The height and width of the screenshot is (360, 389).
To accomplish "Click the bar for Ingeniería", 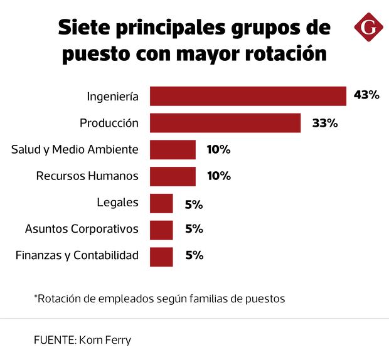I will [x=248, y=96].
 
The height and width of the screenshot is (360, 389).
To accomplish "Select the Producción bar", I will [x=225, y=123].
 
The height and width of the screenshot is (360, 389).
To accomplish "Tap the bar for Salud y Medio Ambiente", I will [x=173, y=149].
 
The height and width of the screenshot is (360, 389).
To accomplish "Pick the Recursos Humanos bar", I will [x=173, y=176].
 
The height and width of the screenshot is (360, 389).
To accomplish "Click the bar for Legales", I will [x=161, y=203].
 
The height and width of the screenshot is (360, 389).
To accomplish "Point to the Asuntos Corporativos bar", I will [x=161, y=230].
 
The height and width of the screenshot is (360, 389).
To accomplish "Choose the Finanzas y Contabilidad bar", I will [x=161, y=257].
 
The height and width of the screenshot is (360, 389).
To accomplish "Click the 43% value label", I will [x=366, y=95].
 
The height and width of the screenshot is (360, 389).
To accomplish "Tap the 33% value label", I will [x=325, y=123].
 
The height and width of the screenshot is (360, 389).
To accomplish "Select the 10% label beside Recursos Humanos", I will [x=219, y=176].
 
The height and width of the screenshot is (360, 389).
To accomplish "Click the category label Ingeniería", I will [x=112, y=97].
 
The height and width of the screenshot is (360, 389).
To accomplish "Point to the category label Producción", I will [x=109, y=123].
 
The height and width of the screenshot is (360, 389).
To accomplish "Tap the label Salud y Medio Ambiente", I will [x=75, y=149].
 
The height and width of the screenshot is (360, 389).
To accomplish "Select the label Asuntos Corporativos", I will [x=82, y=229].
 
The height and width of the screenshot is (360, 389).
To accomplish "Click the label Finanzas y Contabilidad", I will [x=76, y=256].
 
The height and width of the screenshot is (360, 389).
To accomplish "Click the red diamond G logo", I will [x=368, y=28].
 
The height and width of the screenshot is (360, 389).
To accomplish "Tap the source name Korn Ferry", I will [x=105, y=341].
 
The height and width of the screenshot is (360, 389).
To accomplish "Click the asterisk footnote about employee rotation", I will [x=159, y=299].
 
